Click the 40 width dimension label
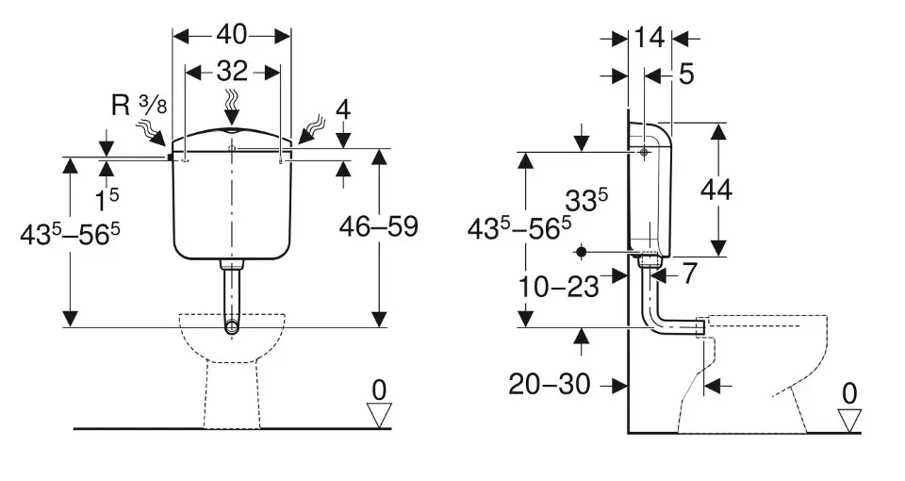pyautogui.click(x=232, y=35)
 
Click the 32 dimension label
pyautogui.click(x=232, y=71)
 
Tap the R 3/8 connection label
pyautogui.click(x=140, y=106)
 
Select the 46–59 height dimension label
pyautogui.click(x=379, y=227)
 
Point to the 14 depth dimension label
pyautogui.click(x=650, y=38)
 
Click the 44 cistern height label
pyautogui.click(x=716, y=190)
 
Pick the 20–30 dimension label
pyautogui.click(x=550, y=384)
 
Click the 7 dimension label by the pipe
pyautogui.click(x=689, y=274)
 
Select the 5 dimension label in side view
pyautogui.click(x=686, y=75)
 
